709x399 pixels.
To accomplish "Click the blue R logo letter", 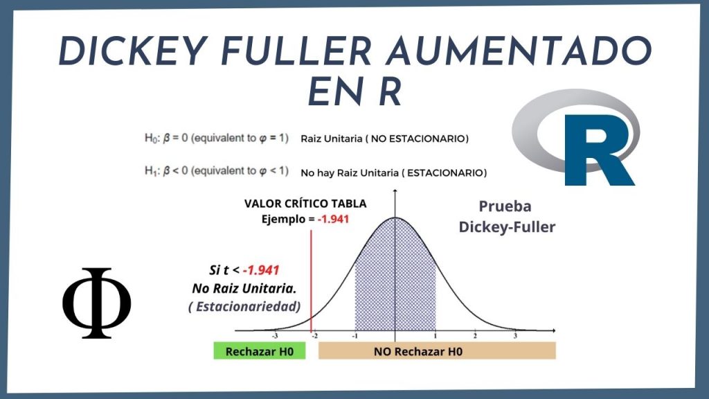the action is [600, 150].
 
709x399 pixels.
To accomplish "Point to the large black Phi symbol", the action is [97, 303].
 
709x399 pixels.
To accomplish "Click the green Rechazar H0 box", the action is [260, 351].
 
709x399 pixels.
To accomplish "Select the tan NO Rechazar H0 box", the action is [437, 351].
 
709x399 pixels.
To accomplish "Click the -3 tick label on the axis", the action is [275, 336].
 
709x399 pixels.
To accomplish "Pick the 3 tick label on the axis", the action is [515, 336].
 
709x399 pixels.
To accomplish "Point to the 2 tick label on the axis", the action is [475, 336].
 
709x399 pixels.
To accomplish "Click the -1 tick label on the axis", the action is [355, 336].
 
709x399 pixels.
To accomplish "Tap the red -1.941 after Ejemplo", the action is [333, 220].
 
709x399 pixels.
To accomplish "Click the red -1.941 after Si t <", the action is [261, 270].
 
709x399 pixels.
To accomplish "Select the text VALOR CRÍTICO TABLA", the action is [305, 204].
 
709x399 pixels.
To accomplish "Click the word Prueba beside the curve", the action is [505, 206].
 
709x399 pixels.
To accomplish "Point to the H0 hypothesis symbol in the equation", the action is [150, 139].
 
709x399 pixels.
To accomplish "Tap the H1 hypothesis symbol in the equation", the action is [150, 171].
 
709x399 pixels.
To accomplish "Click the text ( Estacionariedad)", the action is [244, 307].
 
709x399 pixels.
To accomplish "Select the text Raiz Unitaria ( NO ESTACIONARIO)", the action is [385, 139].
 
